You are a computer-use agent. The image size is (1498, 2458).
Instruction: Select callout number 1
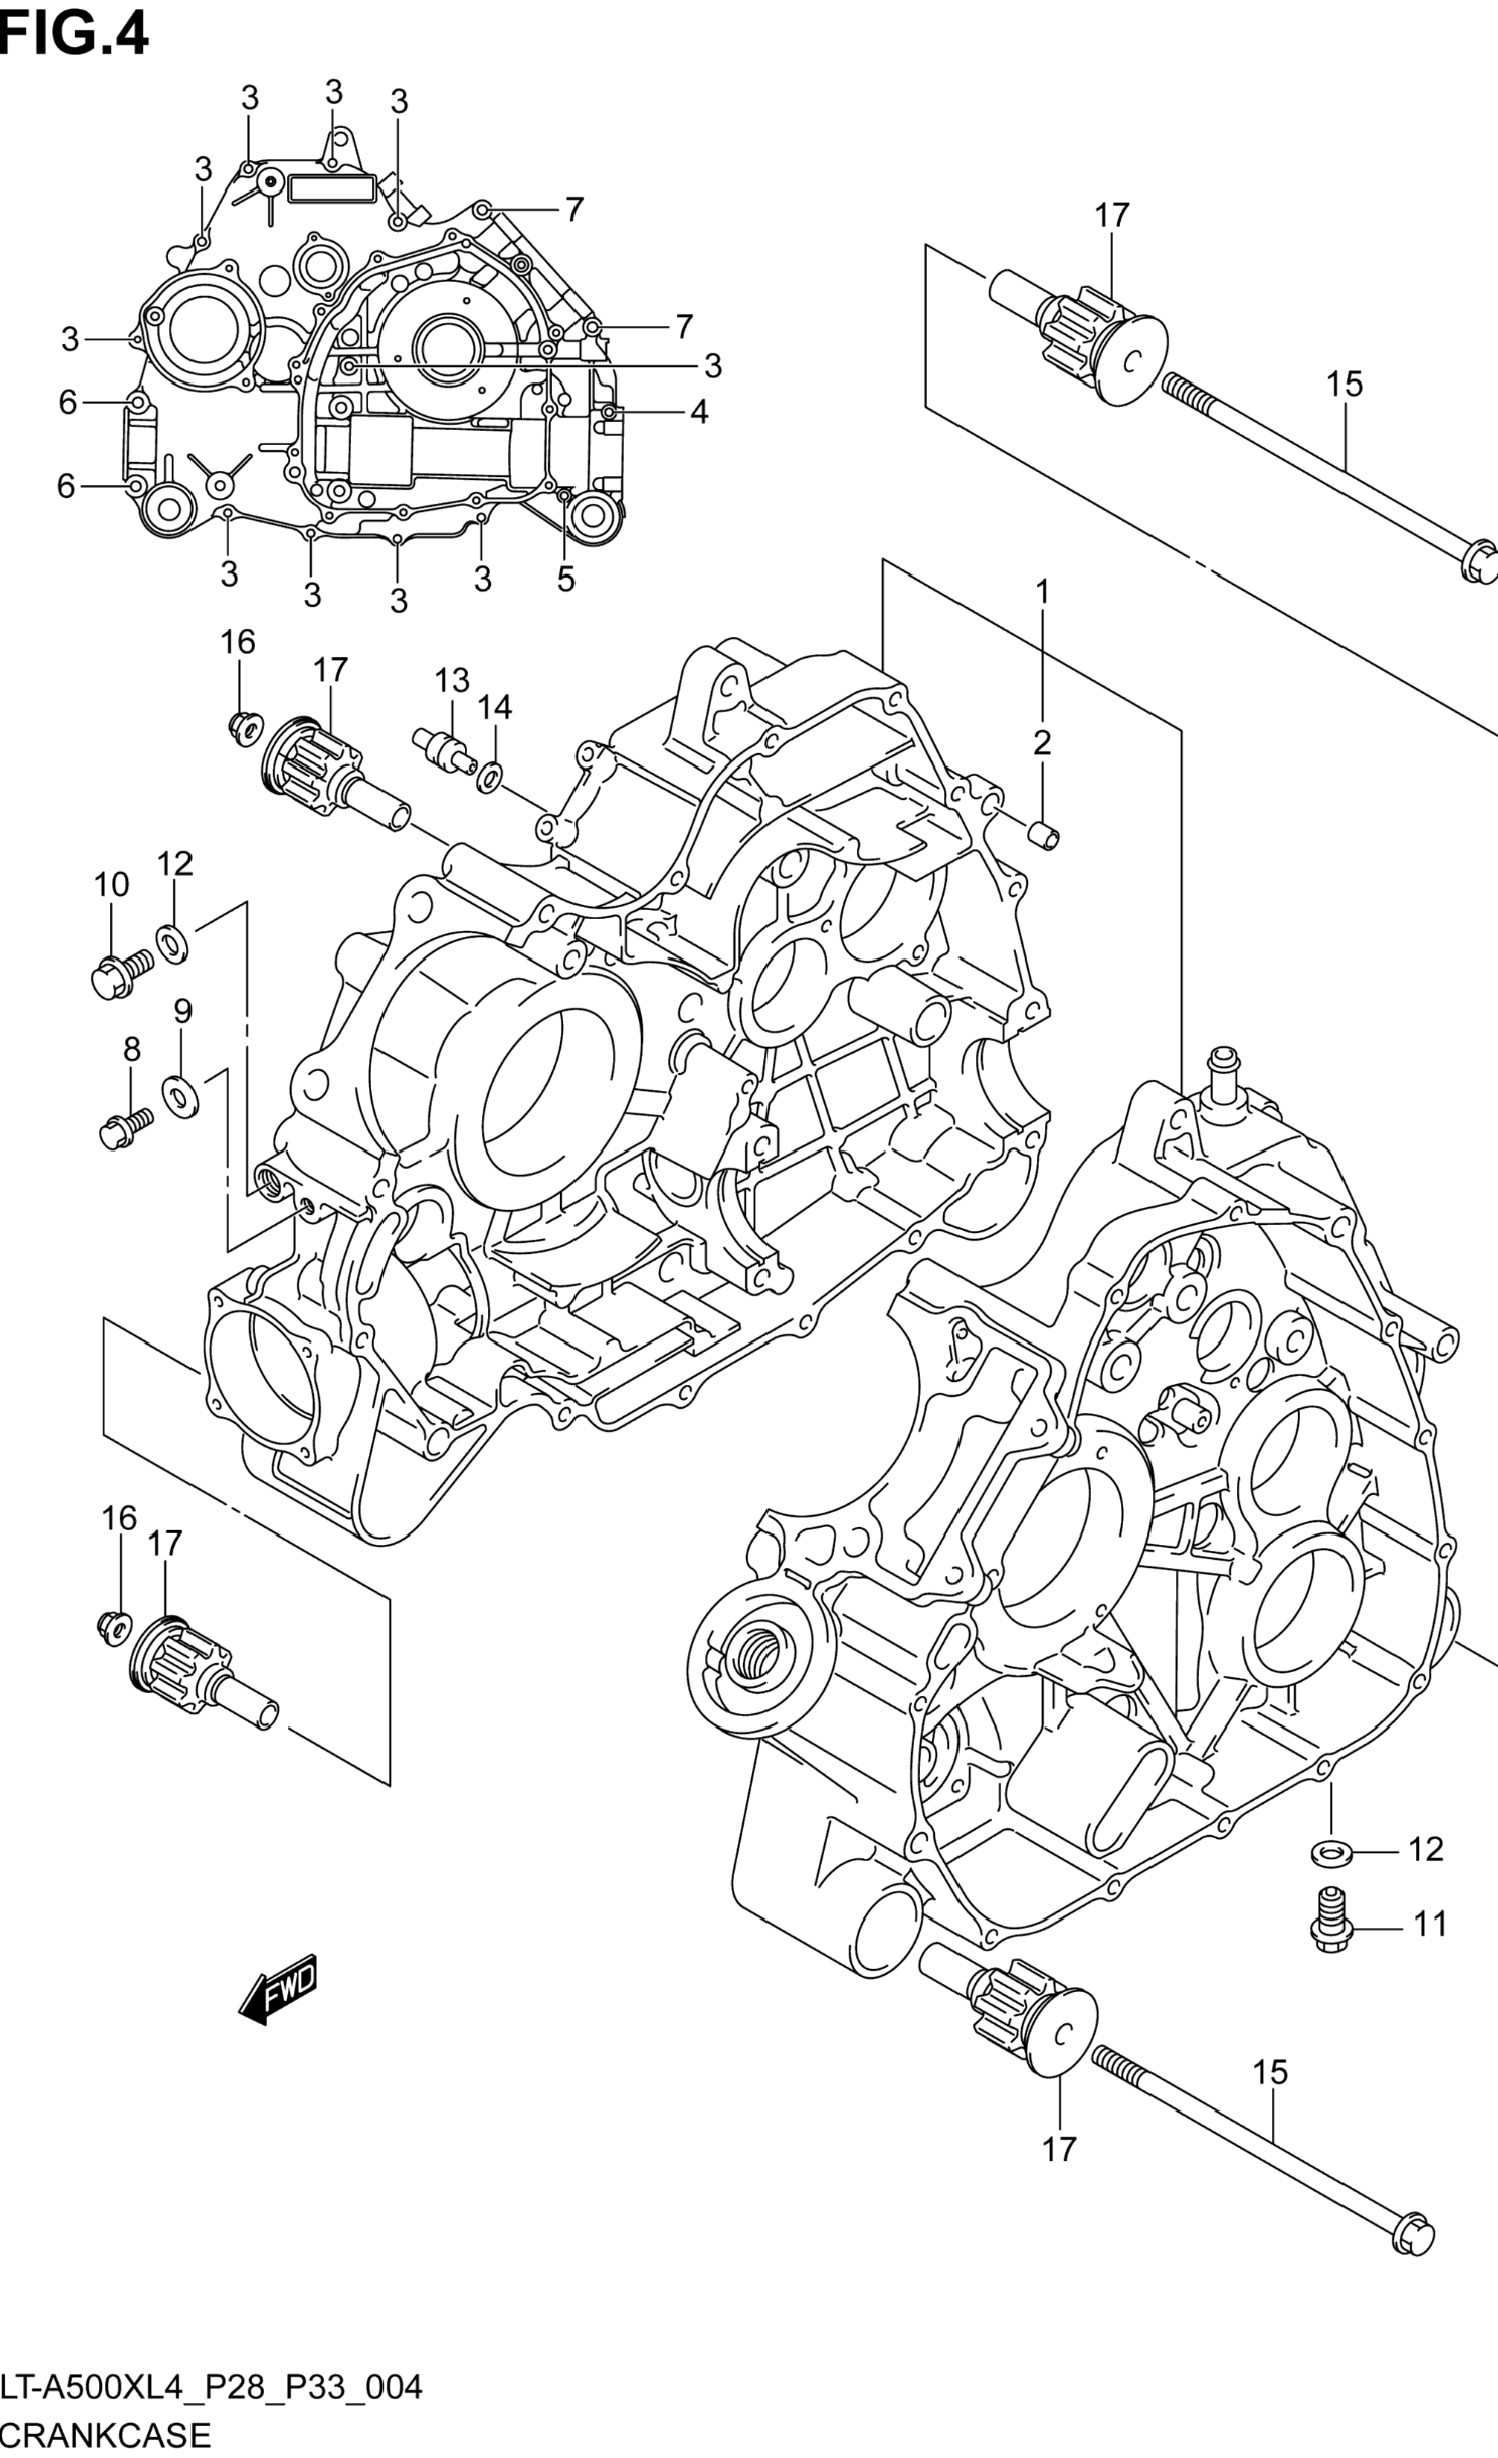tap(1042, 592)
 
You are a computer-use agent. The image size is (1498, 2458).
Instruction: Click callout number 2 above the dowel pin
tap(1042, 742)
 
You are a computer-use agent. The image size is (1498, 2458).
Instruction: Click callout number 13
tap(451, 682)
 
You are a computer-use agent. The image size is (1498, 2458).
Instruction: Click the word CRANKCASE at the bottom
tap(106, 2434)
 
